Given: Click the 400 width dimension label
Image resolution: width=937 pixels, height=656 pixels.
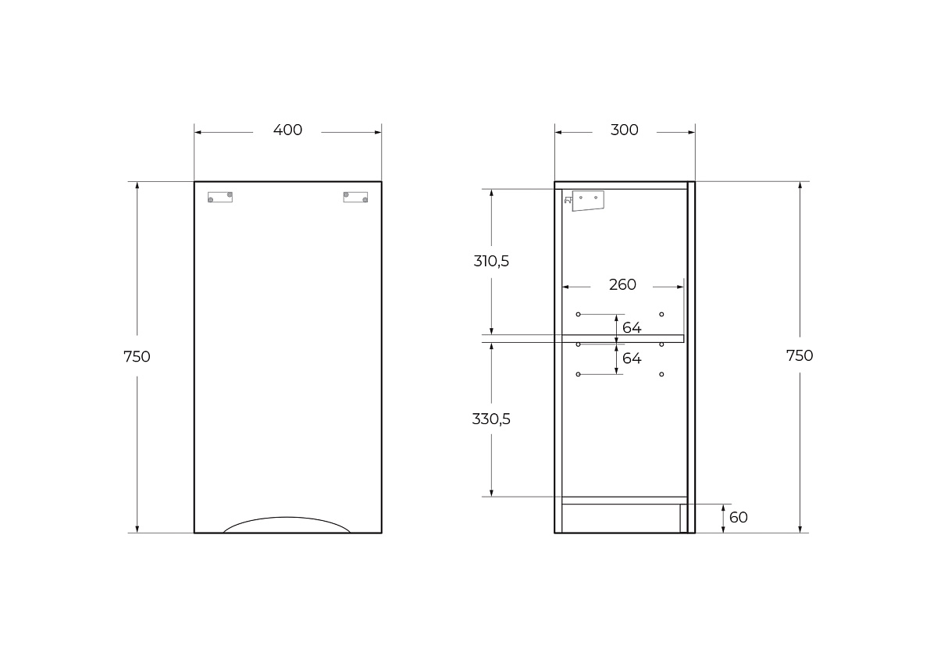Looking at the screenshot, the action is [x=287, y=130].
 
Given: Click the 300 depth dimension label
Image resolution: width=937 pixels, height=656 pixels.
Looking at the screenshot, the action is [x=624, y=130].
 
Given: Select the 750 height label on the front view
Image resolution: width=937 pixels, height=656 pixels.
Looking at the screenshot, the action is [x=137, y=357].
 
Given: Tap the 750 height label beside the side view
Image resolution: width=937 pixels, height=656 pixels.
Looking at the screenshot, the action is [x=800, y=355].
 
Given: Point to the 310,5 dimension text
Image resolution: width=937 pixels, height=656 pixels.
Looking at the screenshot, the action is [x=491, y=262].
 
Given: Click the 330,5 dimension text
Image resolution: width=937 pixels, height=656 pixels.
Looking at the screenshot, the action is [x=491, y=419].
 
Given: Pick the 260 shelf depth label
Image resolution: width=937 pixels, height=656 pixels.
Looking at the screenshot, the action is [x=622, y=285].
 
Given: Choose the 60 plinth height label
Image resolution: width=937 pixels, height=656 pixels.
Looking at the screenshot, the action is [x=739, y=518].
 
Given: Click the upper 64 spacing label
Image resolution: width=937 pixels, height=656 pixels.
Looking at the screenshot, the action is [x=632, y=328].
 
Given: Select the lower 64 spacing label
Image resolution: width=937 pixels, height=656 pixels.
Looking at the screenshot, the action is [x=632, y=358].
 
